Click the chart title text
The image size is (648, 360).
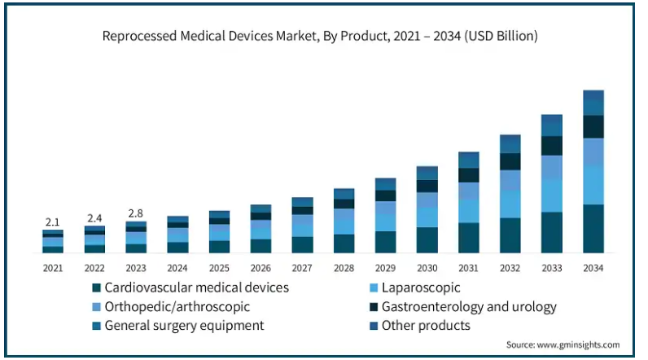(320, 37)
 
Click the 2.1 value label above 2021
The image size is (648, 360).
(53, 222)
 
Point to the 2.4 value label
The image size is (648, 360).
(94, 218)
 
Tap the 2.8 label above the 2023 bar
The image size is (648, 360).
(136, 213)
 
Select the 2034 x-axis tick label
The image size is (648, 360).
(593, 266)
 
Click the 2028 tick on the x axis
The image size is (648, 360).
(344, 266)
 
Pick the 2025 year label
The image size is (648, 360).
(219, 266)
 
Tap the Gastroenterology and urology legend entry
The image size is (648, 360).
(464, 307)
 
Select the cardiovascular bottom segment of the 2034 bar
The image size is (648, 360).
(593, 229)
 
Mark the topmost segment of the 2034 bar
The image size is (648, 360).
(593, 95)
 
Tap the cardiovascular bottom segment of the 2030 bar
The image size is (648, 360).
(427, 239)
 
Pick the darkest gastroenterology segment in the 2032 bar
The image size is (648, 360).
(510, 161)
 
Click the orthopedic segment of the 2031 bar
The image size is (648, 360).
(469, 191)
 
